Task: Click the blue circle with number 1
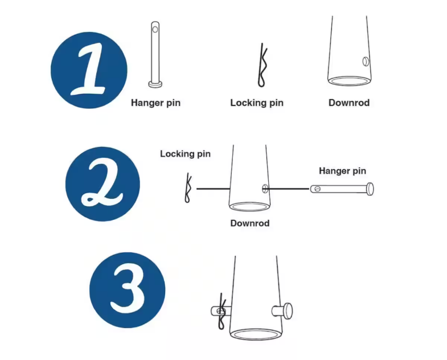click(x=89, y=70)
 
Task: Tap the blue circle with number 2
click(x=102, y=184)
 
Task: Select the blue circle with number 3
click(x=127, y=290)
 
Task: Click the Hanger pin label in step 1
click(x=155, y=103)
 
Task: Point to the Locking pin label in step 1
click(x=257, y=103)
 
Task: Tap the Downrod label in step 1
click(x=349, y=103)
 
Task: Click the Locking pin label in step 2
click(x=185, y=154)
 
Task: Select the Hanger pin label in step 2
click(x=342, y=171)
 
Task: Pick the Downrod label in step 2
click(x=250, y=223)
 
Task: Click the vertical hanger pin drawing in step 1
click(x=155, y=54)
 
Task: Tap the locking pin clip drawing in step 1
click(x=262, y=65)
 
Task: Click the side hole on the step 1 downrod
click(x=366, y=62)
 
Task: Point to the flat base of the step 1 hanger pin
click(x=155, y=84)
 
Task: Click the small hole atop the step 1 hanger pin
click(x=155, y=30)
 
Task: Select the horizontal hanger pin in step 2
click(x=342, y=189)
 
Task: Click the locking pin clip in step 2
click(x=188, y=188)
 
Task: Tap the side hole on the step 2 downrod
click(x=265, y=189)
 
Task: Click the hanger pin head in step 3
click(x=288, y=311)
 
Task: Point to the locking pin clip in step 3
click(x=222, y=311)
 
